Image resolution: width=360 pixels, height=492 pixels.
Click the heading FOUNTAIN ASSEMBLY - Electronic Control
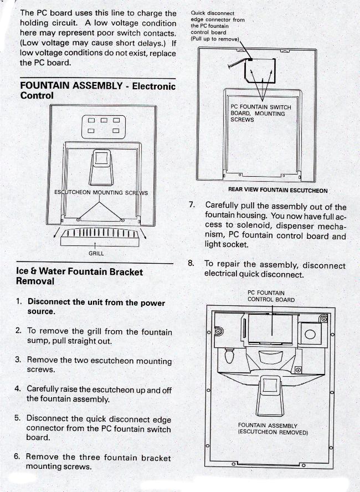pyautogui.click(x=97, y=90)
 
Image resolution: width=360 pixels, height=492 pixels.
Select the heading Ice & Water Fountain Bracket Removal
pyautogui.click(x=79, y=276)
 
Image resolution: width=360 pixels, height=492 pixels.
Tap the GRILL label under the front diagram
pyautogui.click(x=96, y=253)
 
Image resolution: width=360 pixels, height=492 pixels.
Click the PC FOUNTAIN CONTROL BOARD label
pyautogui.click(x=271, y=296)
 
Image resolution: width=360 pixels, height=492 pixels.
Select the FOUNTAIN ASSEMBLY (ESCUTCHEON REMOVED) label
pyautogui.click(x=268, y=429)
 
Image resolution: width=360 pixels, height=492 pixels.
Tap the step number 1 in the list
pyautogui.click(x=19, y=302)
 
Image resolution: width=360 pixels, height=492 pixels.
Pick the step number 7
pyautogui.click(x=192, y=204)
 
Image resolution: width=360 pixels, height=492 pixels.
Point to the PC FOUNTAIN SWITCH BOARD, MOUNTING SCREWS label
pyautogui.click(x=260, y=113)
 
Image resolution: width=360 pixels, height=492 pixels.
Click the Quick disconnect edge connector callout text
pyautogui.click(x=217, y=25)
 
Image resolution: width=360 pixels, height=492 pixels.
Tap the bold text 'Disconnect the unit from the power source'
pyautogui.click(x=96, y=306)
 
